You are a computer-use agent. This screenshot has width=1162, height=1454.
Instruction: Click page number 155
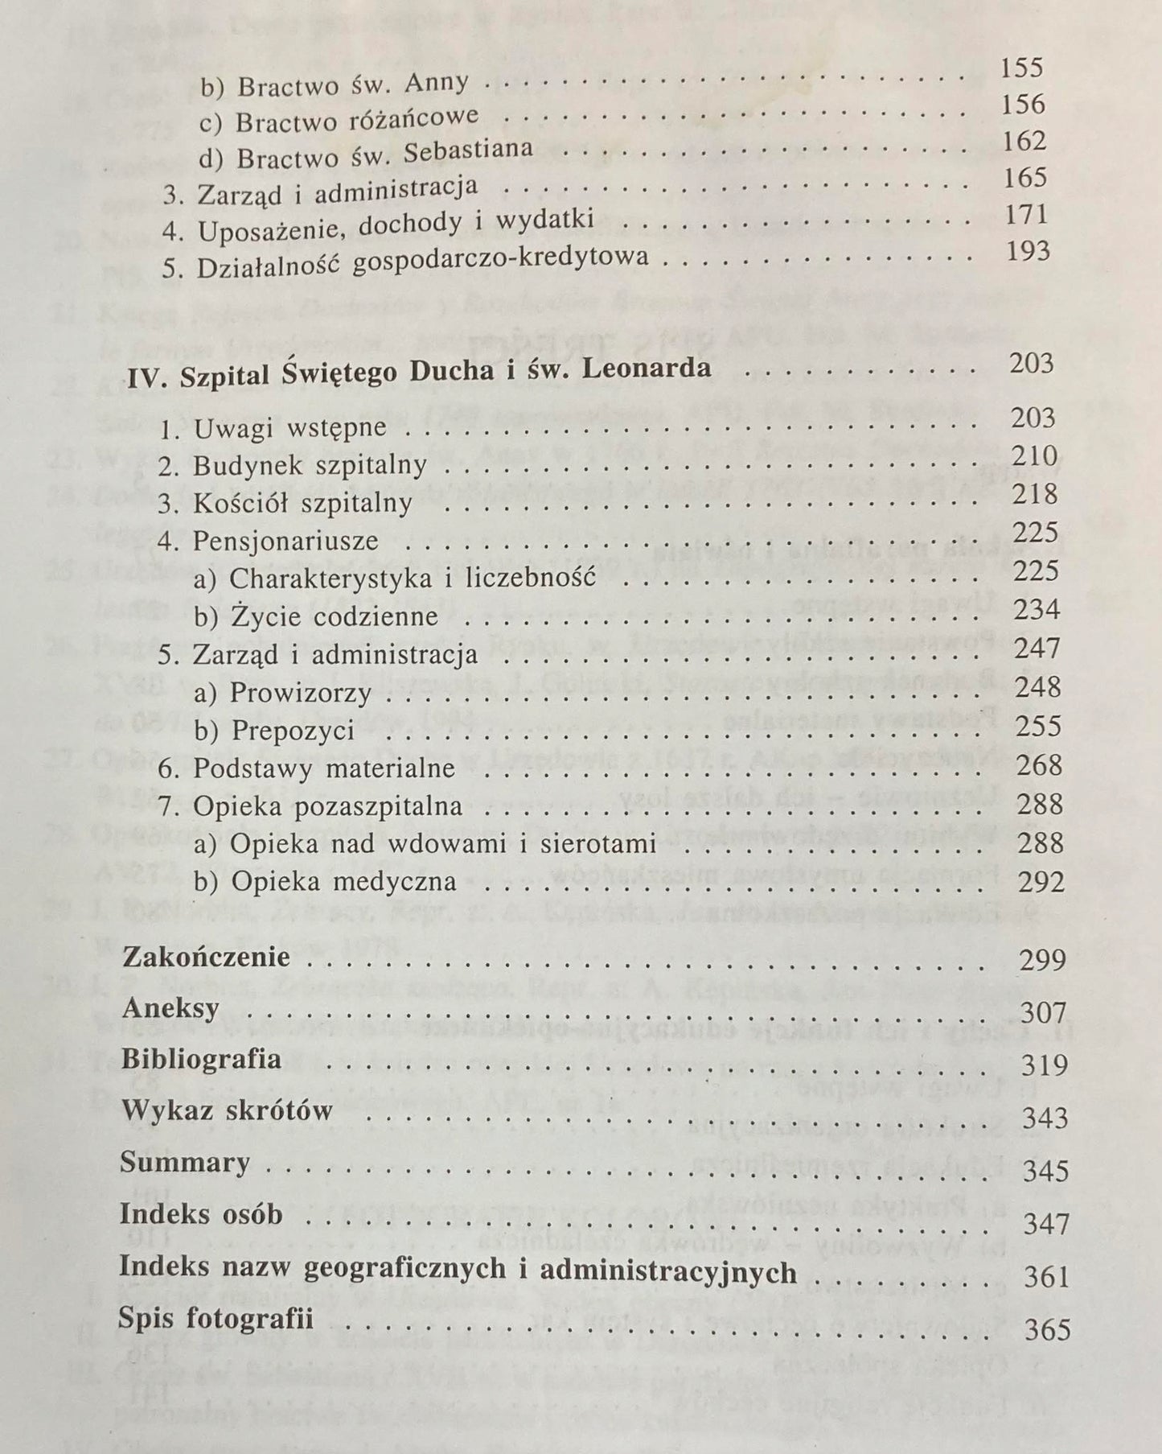pyautogui.click(x=1021, y=68)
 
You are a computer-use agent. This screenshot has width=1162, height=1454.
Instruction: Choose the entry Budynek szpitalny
pyautogui.click(x=309, y=465)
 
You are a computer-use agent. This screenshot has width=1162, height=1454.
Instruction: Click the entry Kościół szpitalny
pyautogui.click(x=302, y=504)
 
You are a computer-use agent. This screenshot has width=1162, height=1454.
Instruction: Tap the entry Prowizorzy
pyautogui.click(x=301, y=692)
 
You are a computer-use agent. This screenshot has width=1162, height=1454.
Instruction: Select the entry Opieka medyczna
pyautogui.click(x=343, y=882)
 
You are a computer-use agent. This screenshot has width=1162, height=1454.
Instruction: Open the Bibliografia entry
pyautogui.click(x=201, y=1059)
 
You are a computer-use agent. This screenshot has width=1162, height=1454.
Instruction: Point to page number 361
pyautogui.click(x=1046, y=1277)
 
